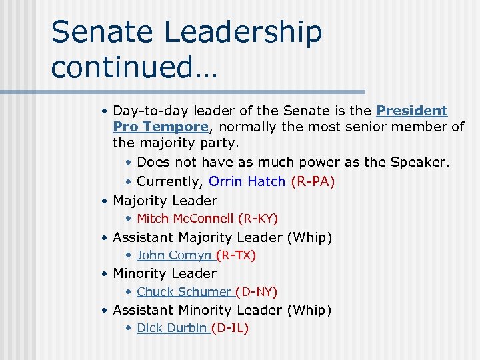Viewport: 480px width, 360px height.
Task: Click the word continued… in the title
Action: pos(134,67)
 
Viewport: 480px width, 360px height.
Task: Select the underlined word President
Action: pos(412,111)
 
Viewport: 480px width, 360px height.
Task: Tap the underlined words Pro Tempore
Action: pos(160,127)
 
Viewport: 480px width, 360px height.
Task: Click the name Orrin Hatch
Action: pos(247,181)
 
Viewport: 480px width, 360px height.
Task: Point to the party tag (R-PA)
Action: pos(313,181)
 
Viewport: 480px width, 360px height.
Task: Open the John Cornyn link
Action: pos(174,255)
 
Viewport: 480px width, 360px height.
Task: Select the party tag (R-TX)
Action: pos(236,255)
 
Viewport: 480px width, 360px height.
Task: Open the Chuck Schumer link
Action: pos(184,291)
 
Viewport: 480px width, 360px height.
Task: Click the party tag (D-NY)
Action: pos(257,291)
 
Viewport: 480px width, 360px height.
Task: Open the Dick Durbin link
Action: pos(172,327)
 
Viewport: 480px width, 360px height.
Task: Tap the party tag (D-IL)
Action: pos(230,327)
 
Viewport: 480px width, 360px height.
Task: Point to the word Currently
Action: pos(177,181)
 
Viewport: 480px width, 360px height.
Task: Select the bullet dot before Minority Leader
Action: pos(105,274)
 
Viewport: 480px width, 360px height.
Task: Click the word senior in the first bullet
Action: pos(353,127)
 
